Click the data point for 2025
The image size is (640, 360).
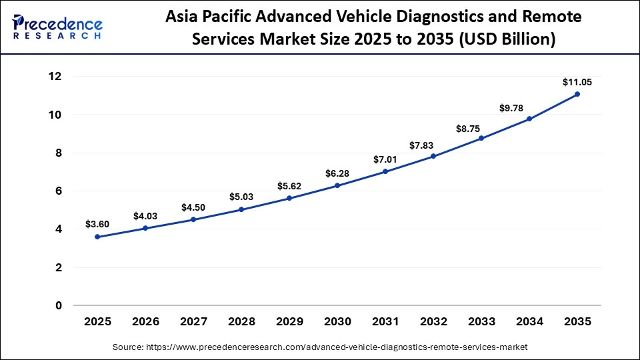point(97,237)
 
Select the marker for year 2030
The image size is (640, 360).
point(337,185)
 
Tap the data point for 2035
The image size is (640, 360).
point(577,94)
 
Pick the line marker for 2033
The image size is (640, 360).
point(481,138)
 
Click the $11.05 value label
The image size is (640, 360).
point(577,82)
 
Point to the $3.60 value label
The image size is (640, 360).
point(97,225)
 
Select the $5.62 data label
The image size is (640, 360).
point(289,186)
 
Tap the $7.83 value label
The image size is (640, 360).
point(433,144)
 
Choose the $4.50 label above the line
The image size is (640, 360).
point(193,207)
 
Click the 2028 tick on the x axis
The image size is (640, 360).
point(241,321)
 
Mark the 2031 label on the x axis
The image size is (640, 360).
point(385,321)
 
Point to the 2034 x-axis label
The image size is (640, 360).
point(529,321)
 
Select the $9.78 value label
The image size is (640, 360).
point(529,107)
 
